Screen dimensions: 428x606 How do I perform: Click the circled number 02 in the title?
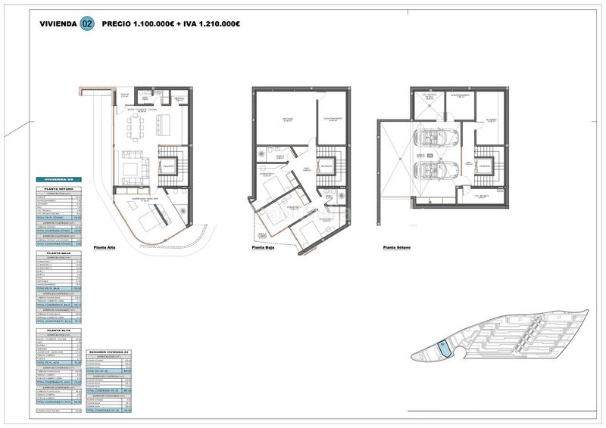click(88, 24)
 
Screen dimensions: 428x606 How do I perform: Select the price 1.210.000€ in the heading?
click(216, 24)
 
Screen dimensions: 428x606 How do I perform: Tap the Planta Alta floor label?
click(109, 247)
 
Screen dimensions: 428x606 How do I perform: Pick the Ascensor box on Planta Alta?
click(169, 166)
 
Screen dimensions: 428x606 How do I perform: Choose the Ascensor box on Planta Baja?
click(326, 166)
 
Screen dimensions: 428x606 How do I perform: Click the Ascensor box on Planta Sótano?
click(486, 165)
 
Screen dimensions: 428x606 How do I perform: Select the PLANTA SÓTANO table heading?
click(58, 188)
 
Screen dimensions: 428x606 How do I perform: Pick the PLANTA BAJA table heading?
click(58, 254)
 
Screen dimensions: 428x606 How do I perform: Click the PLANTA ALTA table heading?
click(58, 330)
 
